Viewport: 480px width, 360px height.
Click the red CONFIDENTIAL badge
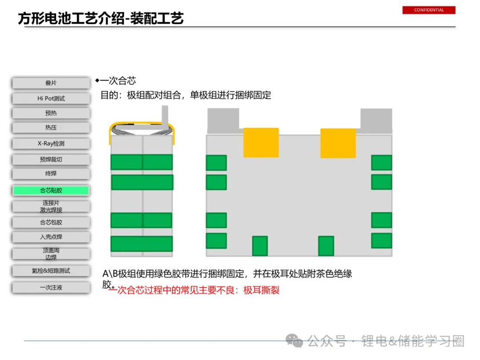(x=429, y=10)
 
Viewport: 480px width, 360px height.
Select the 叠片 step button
(x=51, y=83)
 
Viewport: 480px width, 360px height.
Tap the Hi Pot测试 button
(x=51, y=98)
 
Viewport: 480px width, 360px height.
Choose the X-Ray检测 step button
(x=51, y=144)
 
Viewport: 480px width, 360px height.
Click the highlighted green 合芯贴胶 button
(x=51, y=190)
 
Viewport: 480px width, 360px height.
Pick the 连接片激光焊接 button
(x=51, y=206)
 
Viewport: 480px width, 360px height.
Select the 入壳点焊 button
(x=51, y=237)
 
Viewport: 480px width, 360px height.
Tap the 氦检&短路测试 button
(x=51, y=271)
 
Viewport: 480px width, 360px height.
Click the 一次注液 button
(x=51, y=288)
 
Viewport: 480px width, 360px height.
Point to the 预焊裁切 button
(x=51, y=160)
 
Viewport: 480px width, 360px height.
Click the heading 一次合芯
(x=118, y=81)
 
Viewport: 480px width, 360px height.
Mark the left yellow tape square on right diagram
(x=261, y=143)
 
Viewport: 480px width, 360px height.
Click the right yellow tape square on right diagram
(x=338, y=143)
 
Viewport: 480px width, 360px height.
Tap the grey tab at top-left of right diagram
(x=223, y=120)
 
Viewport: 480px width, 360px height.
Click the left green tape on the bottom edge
(x=260, y=246)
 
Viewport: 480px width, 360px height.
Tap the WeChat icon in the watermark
(x=294, y=341)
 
